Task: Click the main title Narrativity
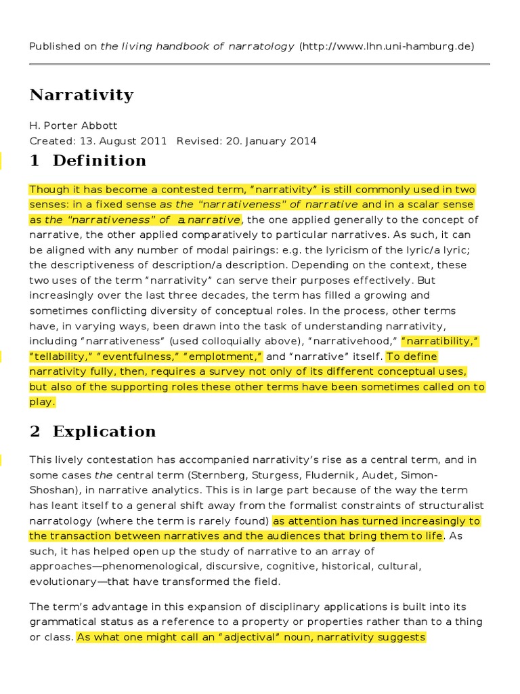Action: tap(81, 95)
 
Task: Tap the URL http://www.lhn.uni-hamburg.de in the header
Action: tap(386, 46)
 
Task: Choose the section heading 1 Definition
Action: tap(88, 161)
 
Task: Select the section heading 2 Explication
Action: tap(93, 432)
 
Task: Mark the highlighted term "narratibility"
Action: tap(441, 341)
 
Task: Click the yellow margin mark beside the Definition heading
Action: tap(1, 161)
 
